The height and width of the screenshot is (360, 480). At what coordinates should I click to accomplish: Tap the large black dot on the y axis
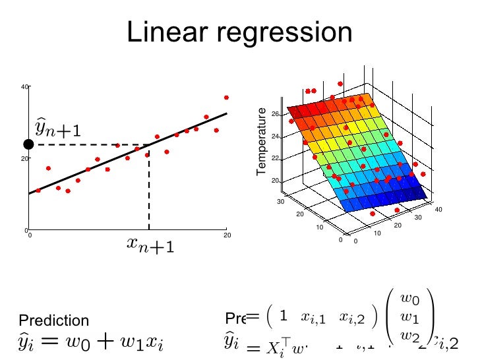point(28,144)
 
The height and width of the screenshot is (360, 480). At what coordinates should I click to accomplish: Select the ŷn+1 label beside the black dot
point(58,129)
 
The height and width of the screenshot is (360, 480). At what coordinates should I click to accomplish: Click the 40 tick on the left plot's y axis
point(24,87)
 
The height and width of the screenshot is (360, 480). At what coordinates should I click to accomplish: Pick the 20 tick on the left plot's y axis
point(24,159)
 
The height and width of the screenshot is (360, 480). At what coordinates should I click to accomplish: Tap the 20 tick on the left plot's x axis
point(226,235)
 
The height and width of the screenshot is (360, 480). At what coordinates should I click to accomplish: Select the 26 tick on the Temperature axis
point(274,114)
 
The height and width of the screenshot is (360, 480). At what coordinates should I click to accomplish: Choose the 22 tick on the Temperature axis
point(274,159)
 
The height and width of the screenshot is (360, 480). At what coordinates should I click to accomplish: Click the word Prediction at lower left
point(53,321)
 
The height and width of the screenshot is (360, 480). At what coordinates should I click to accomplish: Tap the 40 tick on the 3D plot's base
point(438,210)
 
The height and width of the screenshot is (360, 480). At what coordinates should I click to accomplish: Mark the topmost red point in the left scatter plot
point(226,98)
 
